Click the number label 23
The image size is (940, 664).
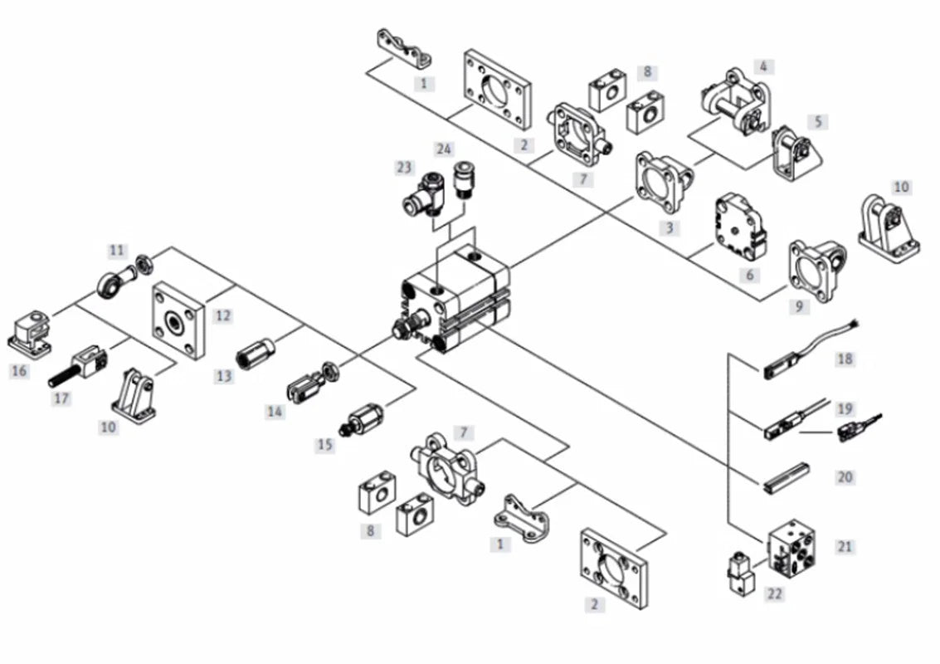pos(405,168)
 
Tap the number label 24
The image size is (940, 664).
pos(444,149)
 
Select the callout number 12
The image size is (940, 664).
pos(223,315)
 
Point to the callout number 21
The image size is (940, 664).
pos(845,546)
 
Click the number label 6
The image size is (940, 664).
pos(749,276)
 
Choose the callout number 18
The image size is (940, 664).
pos(845,359)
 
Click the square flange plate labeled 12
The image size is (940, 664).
pos(178,320)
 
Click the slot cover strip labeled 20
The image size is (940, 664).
pos(787,477)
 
